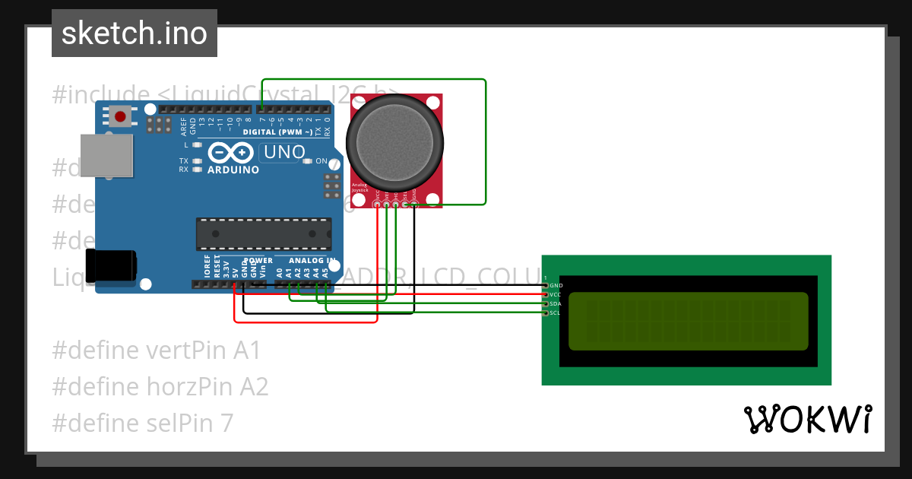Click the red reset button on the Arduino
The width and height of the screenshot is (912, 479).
point(120,117)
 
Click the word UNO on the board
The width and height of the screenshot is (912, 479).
point(283,153)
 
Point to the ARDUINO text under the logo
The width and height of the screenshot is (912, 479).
point(233,170)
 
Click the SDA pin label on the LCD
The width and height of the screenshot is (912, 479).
point(556,303)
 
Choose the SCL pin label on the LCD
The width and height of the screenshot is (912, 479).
point(556,312)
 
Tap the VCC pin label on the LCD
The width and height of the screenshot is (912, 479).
point(556,294)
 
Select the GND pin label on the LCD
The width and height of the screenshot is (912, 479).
point(556,285)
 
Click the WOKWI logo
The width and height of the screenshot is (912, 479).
point(807,419)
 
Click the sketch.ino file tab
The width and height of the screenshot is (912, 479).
point(135,33)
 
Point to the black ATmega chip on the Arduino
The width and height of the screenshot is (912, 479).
point(264,234)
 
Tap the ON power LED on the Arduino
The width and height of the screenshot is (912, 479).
point(321,161)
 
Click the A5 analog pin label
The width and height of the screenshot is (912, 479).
point(325,271)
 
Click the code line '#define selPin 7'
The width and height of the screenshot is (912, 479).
point(143,422)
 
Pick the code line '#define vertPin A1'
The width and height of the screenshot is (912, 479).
point(157,351)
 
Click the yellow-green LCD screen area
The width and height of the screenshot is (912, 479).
point(688,322)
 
